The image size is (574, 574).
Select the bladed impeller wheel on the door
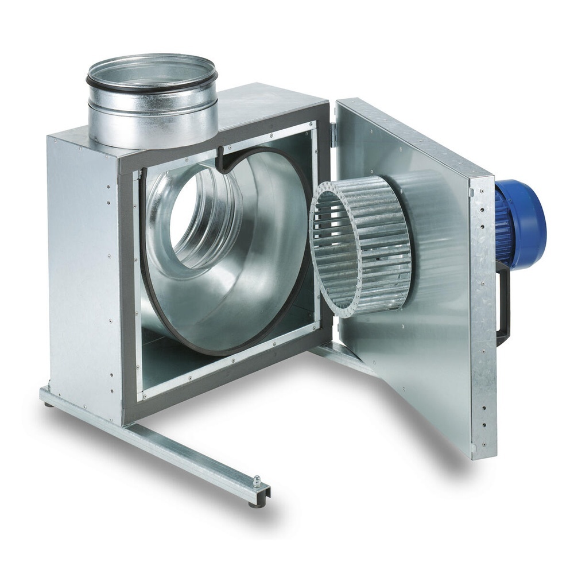coord(362,247)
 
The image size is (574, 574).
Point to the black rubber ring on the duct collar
coord(153,84)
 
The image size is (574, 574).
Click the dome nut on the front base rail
coord(257,481)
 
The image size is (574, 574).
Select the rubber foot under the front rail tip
coord(253,505)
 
